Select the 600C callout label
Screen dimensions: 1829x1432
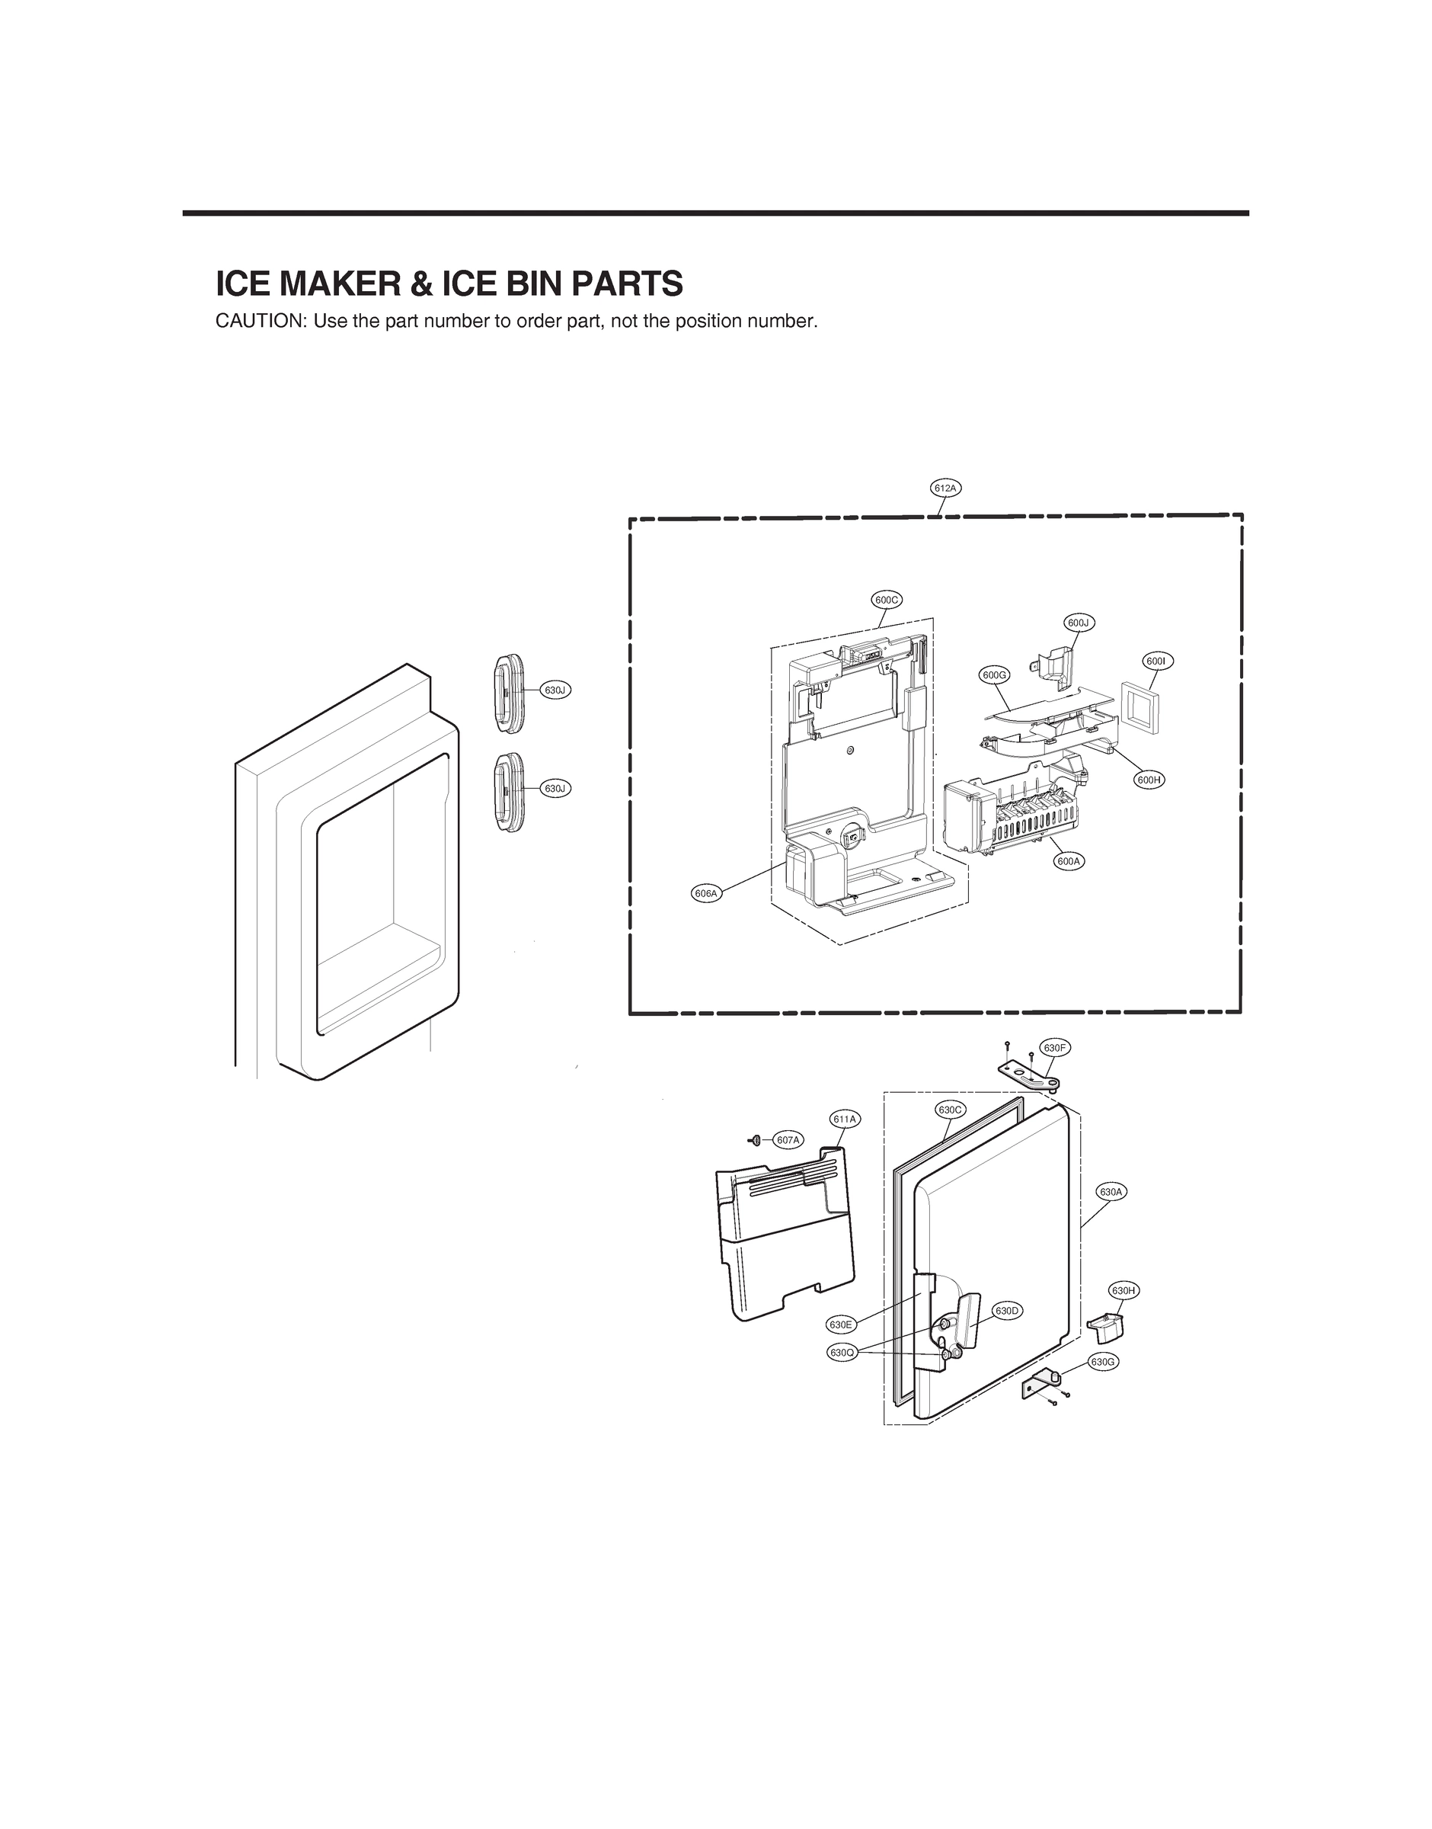(x=886, y=600)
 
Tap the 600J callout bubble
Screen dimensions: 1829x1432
(x=1079, y=623)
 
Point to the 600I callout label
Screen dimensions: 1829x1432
(x=1156, y=661)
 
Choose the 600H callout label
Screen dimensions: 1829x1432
(x=1149, y=779)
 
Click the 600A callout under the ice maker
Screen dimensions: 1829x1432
(x=1068, y=860)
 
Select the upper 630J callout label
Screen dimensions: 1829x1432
(x=555, y=690)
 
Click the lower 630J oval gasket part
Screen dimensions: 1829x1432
(x=509, y=793)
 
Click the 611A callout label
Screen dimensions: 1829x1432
(x=844, y=1119)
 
